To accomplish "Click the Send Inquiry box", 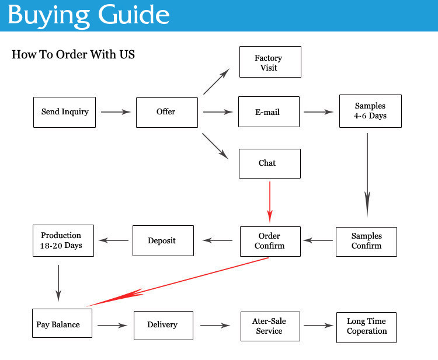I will tap(64, 111).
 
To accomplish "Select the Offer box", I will tap(166, 111).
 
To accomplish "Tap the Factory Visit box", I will tap(270, 62).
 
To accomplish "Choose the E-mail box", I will tap(269, 111).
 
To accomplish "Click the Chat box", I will tap(269, 163).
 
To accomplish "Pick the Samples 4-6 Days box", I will tap(370, 111).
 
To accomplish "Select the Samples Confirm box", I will tap(366, 241).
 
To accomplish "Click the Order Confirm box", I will tap(270, 241).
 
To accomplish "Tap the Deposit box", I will tap(162, 240).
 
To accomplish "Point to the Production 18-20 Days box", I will tap(61, 240).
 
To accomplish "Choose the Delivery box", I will tap(163, 325).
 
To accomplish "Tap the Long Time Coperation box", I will tap(366, 326).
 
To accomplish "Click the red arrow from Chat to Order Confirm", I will tap(270, 201).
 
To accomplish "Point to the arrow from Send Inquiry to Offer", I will tap(116, 111).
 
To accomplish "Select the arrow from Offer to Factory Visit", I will tap(217, 81).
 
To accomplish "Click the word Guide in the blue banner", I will tap(130, 15).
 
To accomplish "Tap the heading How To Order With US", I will tap(73, 55).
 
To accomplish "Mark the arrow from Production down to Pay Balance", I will tap(58, 282).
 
